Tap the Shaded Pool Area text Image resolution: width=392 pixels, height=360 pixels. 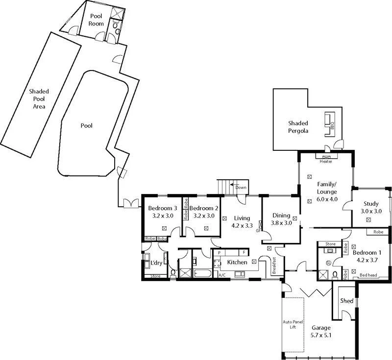coord(39,98)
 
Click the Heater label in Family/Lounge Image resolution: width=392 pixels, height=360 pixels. coord(326,161)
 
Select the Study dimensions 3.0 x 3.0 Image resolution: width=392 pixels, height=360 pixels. coord(371,211)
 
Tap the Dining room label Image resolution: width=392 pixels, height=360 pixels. coord(281,216)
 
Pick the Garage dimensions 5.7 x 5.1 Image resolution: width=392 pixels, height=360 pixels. coord(321,336)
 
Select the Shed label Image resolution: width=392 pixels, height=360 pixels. coord(346,301)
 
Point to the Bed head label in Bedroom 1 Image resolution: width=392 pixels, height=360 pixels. coord(368,275)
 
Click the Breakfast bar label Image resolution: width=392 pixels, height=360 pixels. coord(274,265)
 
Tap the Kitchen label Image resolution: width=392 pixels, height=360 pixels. coord(237,263)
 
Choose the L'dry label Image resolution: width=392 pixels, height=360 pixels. coord(156,263)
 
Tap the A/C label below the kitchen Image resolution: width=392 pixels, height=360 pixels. coord(222,275)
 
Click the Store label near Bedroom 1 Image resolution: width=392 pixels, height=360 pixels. coord(330,243)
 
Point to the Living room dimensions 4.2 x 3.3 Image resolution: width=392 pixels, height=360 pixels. coord(242,226)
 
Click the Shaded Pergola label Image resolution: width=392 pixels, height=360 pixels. coord(298,127)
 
